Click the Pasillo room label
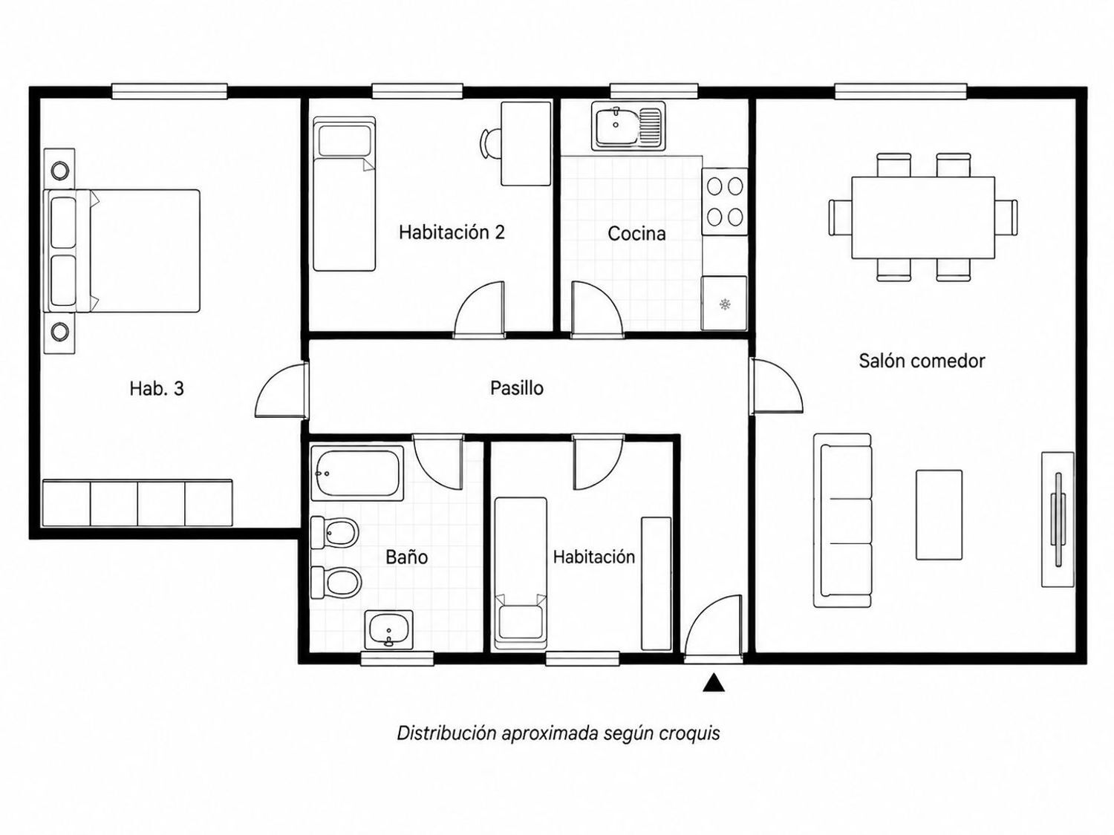pos(517,388)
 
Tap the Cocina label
pos(636,233)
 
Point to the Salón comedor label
pos(922,361)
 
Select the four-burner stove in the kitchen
pos(725,202)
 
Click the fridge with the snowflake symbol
pos(724,303)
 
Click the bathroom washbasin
pos(388,629)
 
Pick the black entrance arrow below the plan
pos(714,682)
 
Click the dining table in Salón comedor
pos(922,217)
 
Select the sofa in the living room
pos(842,520)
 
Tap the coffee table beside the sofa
pos(939,515)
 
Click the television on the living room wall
pos(1058,520)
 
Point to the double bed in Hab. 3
pos(122,251)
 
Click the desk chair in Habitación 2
pos(489,144)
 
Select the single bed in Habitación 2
pos(344,194)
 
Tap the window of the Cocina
pos(654,92)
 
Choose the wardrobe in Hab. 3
pos(137,503)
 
